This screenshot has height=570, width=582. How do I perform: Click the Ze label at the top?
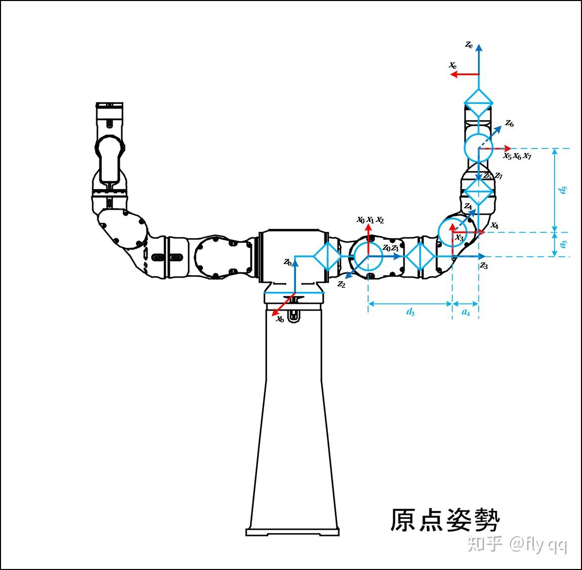(x=469, y=45)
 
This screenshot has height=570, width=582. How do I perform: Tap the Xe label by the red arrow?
(x=452, y=65)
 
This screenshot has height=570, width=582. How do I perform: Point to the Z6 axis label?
(x=509, y=124)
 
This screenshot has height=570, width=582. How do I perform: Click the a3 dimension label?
(x=563, y=244)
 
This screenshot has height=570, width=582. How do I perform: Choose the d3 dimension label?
(x=410, y=312)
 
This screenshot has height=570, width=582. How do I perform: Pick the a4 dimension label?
(x=465, y=312)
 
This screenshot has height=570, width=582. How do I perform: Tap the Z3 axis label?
(x=484, y=266)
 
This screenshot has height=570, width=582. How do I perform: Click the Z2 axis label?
(x=341, y=285)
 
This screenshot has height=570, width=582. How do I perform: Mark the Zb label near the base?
(x=287, y=262)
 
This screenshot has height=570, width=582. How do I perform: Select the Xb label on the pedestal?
(x=279, y=319)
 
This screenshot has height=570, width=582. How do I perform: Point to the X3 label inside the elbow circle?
(x=459, y=237)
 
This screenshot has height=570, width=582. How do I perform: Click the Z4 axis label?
(x=468, y=207)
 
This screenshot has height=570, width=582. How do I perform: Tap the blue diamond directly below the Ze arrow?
(x=479, y=103)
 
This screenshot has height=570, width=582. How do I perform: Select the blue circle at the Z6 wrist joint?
(x=478, y=148)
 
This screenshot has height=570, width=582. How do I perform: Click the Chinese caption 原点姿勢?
(x=445, y=520)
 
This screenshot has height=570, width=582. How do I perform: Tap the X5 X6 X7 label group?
(x=517, y=156)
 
